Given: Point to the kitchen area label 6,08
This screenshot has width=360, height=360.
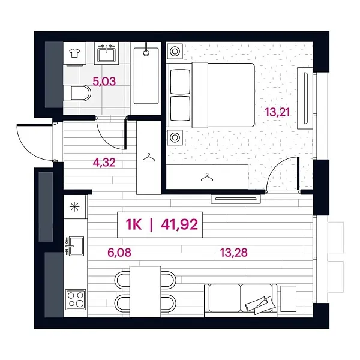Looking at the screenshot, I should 118,252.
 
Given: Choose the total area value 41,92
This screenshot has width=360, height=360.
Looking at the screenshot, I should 178,224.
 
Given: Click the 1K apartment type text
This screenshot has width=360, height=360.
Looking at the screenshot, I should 135,224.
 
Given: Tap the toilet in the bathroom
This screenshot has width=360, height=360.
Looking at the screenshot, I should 77,94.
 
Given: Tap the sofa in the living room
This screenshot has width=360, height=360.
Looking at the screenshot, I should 240,298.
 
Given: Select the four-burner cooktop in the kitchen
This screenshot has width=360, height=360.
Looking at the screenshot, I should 75,298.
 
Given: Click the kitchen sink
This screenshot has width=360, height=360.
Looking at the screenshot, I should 75,245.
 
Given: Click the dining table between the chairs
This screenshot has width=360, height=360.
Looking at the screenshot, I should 146,289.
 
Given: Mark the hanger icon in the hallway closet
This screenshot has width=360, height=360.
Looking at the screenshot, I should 149,157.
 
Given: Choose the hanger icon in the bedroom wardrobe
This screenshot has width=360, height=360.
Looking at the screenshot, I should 207,177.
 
